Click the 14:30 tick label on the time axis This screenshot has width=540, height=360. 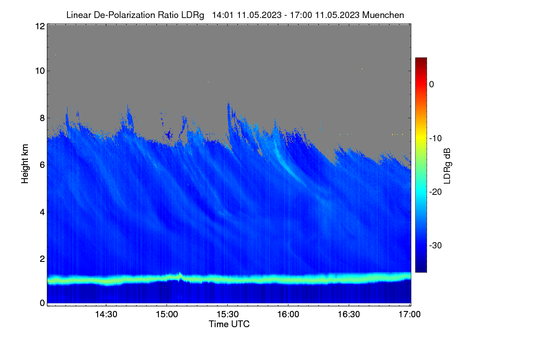106,315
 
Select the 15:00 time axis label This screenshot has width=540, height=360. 167,315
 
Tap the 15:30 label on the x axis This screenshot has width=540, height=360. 228,315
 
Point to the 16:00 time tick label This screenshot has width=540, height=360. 288,315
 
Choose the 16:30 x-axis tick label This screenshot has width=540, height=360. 349,315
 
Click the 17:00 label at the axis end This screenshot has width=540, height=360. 409,315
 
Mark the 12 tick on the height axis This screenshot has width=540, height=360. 40,26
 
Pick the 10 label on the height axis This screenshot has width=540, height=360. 40,71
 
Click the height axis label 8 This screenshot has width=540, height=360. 42,118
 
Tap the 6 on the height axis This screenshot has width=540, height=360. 42,165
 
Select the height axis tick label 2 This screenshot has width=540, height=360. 42,259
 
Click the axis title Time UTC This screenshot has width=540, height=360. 229,324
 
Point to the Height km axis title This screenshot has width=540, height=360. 25,164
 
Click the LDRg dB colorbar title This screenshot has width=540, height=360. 447,166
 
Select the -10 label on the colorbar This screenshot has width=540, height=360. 436,139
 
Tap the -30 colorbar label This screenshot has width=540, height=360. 436,245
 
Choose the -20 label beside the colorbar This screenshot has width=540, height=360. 436,192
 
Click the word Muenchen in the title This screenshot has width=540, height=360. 383,15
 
